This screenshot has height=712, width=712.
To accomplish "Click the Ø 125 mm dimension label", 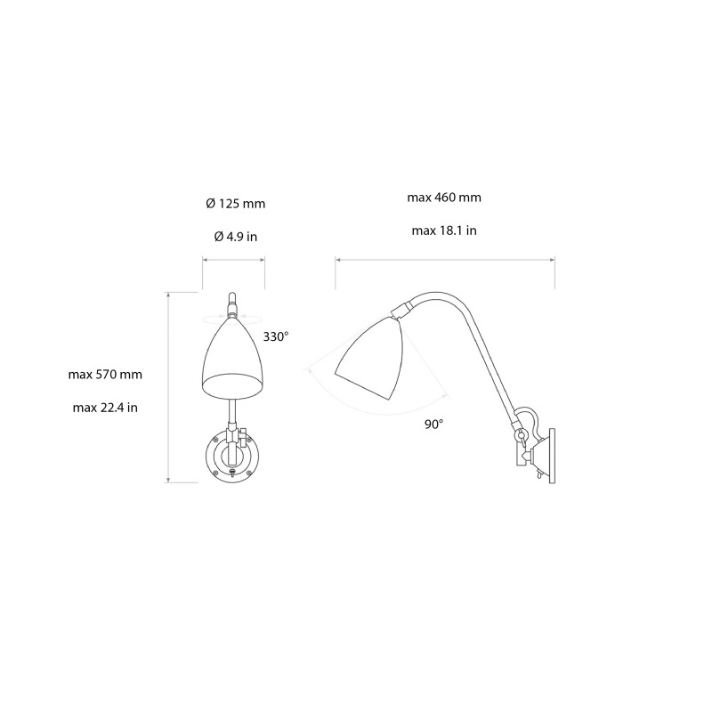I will pos(235,204).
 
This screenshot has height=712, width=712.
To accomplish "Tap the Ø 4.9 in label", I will pos(235,236).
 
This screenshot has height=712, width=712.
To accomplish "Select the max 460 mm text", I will pos(444,198).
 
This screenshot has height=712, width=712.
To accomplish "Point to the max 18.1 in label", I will pos(444,231).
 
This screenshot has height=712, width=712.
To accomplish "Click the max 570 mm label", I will pos(105,375).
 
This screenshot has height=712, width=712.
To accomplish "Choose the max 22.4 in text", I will pos(105,408).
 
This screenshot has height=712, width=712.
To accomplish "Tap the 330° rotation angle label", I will pos(276,337).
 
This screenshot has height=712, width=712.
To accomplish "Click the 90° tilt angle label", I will pos(433,425).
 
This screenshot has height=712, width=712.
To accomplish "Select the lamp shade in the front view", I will pos(234,360).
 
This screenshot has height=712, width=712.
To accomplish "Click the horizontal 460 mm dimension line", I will pos(444,260).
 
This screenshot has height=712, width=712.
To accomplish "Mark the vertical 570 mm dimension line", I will pos(170,387).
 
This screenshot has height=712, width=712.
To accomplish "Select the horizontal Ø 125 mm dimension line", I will pos(234,260).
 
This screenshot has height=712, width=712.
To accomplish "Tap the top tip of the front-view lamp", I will pos(233,295).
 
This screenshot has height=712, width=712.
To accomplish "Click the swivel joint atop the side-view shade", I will pos(402,308).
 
